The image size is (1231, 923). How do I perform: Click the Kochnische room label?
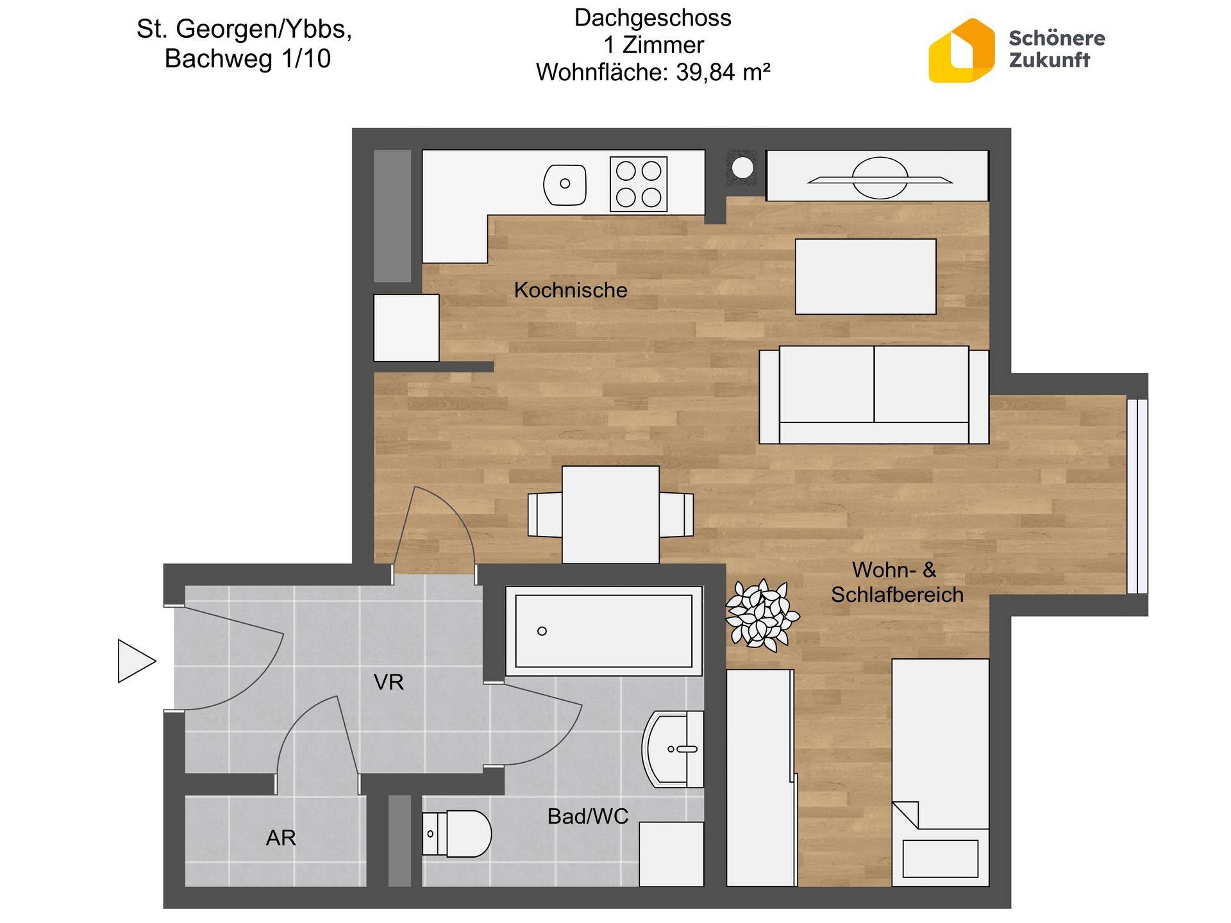tap(571, 290)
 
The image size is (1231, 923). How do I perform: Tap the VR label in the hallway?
tap(389, 682)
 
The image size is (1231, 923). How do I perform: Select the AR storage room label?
tap(281, 838)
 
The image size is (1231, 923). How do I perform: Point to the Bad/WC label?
tap(587, 816)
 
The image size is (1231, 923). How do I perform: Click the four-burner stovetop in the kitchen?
tap(639, 184)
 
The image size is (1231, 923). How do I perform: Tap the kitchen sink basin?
tap(565, 184)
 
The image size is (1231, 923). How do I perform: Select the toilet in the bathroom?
tap(456, 834)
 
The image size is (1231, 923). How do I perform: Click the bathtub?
tap(604, 631)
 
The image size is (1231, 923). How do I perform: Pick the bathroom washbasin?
tap(673, 749)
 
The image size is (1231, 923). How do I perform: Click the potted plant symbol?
tap(762, 614)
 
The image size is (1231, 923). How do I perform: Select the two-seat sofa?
tap(874, 395)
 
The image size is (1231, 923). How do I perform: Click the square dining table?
tap(610, 515)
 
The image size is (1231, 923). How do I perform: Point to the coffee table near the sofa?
tap(866, 277)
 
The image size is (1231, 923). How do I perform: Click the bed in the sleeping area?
tap(940, 772)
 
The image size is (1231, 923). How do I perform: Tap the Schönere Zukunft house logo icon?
tap(962, 51)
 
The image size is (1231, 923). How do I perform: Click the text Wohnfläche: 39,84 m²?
tap(653, 72)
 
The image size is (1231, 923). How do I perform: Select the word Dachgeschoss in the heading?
tap(653, 18)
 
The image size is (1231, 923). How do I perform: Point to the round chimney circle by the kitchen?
tap(742, 168)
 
